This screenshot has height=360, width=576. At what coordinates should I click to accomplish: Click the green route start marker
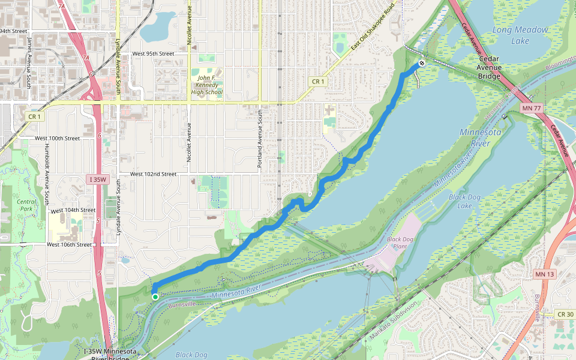coord(155,296)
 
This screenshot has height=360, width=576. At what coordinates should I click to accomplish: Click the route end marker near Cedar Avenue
coord(422,63)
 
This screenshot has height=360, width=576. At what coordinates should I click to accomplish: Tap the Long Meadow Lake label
coord(520,35)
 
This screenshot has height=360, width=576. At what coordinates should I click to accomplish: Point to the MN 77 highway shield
coord(527,108)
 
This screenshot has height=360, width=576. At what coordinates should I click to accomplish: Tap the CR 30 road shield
coord(565,314)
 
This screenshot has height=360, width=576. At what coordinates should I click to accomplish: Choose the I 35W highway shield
coord(97,179)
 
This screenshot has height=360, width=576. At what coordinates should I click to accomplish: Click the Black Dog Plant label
coord(401,242)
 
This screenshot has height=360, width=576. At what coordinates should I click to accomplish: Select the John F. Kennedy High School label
coord(206,85)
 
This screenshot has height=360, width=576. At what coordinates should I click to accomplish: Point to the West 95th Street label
coord(153,53)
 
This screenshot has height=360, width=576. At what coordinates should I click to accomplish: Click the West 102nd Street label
coord(153,174)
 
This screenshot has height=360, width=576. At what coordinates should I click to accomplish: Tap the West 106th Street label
coord(69,245)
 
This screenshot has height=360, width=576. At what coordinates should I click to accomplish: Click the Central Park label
coord(26,205)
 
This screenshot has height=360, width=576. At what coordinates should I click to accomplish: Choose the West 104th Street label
coord(73,210)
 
